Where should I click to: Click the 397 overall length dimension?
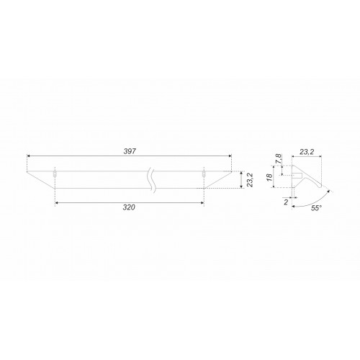pyautogui.click(x=130, y=151)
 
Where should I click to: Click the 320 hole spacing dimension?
pyautogui.click(x=129, y=207)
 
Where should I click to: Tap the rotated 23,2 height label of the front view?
pyautogui.click(x=250, y=179)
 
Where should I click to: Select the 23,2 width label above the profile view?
pyautogui.click(x=307, y=152)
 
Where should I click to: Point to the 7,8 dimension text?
pyautogui.click(x=279, y=159)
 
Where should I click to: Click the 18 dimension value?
pyautogui.click(x=269, y=177)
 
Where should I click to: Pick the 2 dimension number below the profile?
pyautogui.click(x=286, y=202)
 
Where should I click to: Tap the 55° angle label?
pyautogui.click(x=316, y=208)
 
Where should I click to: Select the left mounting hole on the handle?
pyautogui.click(x=55, y=174)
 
